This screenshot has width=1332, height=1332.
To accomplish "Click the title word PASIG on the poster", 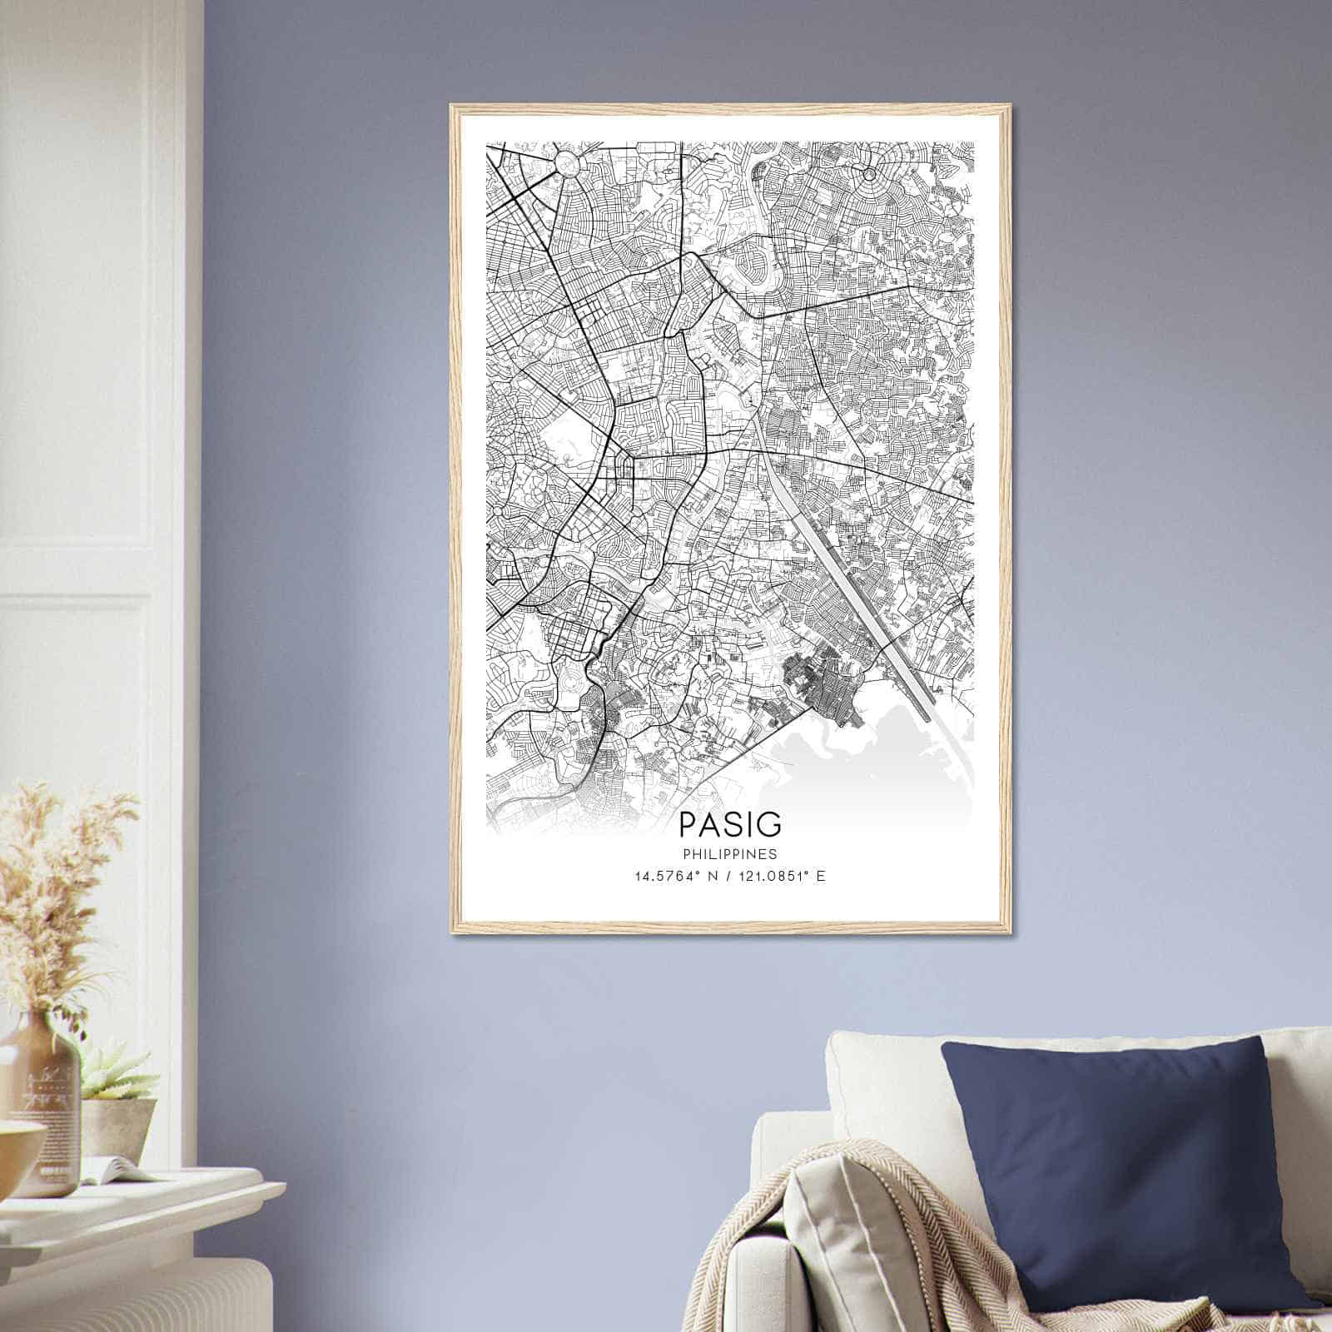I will [x=730, y=823].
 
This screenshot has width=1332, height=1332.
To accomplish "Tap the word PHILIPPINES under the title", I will [x=730, y=854].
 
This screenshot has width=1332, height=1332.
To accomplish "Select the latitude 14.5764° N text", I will [x=673, y=877].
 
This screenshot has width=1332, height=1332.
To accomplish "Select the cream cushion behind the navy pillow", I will [x=882, y=1074].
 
